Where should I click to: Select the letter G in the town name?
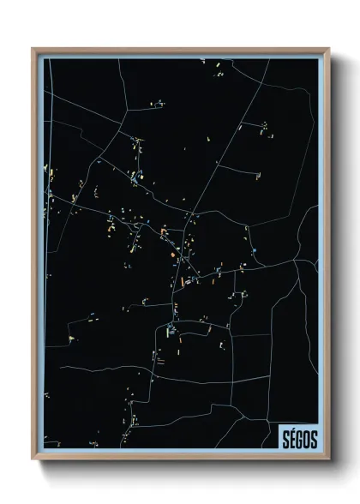(x=299, y=438)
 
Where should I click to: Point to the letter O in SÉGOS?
(x=306, y=438)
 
